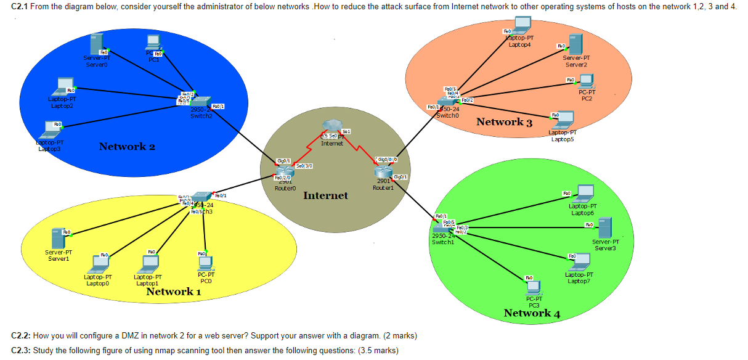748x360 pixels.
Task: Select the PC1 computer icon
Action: click(x=153, y=43)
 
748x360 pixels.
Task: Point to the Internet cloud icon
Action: click(x=332, y=128)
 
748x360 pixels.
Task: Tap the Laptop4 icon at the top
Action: click(x=522, y=25)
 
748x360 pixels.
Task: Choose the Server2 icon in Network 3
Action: click(x=575, y=44)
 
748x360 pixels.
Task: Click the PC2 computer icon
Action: click(x=586, y=80)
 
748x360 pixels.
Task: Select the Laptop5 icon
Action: click(x=561, y=120)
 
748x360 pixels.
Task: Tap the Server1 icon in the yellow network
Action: click(x=58, y=237)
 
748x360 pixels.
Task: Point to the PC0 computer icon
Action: click(x=206, y=263)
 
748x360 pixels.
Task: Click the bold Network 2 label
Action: click(x=127, y=146)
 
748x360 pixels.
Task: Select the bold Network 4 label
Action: click(x=531, y=313)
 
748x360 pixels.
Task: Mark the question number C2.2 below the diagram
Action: click(x=22, y=335)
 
